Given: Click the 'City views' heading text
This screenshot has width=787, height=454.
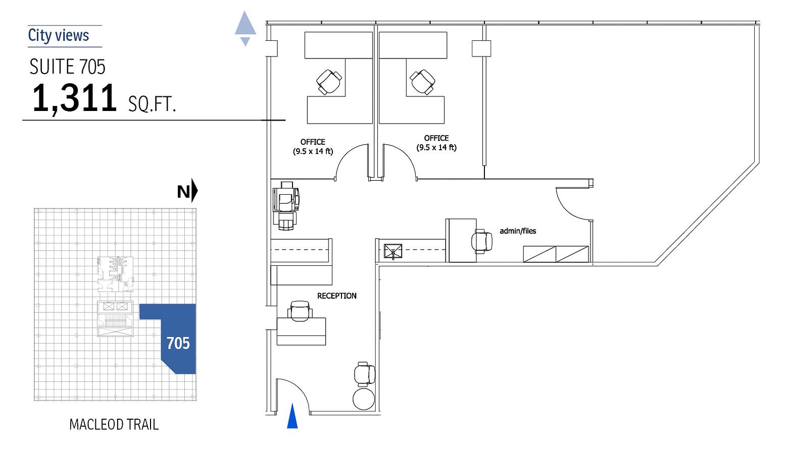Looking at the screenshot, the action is [59, 36].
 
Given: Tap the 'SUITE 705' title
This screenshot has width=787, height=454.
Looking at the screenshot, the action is [68, 67].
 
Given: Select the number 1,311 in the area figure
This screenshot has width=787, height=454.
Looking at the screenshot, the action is [74, 98].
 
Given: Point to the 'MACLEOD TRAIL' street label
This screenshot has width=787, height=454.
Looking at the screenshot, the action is [114, 425].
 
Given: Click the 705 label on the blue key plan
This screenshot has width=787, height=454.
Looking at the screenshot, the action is [178, 343].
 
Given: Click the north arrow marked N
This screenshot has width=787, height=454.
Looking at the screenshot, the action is [187, 191].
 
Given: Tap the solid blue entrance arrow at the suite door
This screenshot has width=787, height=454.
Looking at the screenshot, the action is [292, 416].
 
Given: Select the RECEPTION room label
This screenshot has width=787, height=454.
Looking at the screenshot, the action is [336, 296].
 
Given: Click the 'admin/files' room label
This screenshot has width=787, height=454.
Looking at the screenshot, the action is [518, 231].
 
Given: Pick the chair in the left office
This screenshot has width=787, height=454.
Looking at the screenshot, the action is [329, 82].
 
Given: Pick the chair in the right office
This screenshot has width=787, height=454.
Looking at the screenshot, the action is [422, 82].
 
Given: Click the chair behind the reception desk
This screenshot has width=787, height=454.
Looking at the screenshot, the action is [300, 311].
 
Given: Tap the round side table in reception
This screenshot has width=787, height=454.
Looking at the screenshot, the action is [364, 399].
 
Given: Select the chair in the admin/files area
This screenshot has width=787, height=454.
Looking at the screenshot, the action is [482, 242].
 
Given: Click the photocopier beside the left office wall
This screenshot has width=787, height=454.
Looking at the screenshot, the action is [286, 206].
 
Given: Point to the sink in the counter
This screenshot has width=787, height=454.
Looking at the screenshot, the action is [393, 251].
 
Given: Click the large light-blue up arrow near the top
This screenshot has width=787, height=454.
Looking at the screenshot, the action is [245, 23].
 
